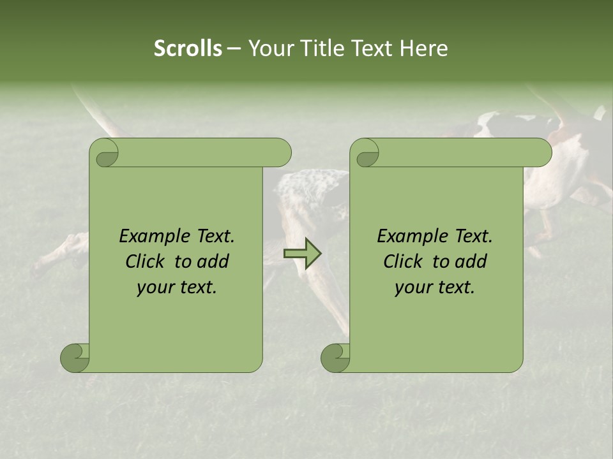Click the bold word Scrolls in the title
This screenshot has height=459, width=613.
[188, 48]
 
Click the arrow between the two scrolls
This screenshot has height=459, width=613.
[302, 254]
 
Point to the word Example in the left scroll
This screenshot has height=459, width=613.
[151, 237]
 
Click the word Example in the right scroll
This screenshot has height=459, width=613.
[409, 237]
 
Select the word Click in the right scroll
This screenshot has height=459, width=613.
[402, 261]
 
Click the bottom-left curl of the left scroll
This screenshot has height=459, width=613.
[75, 357]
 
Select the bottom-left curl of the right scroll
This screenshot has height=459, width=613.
[335, 357]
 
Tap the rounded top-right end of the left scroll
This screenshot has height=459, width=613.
[282, 153]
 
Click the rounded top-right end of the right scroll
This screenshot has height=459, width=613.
[542, 153]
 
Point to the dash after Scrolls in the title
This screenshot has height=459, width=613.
[234, 49]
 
